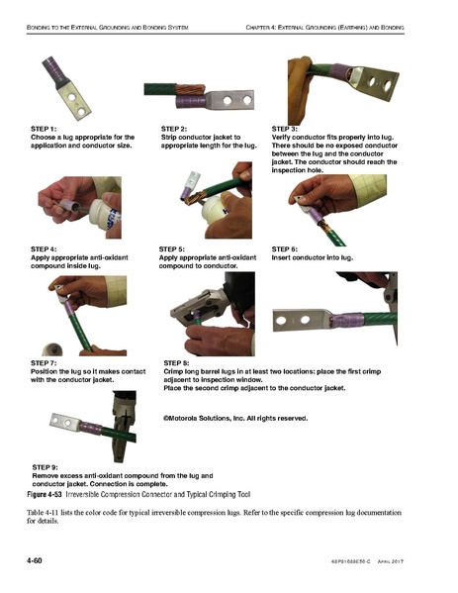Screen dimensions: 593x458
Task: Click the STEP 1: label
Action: (45, 129)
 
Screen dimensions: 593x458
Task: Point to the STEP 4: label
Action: (45, 247)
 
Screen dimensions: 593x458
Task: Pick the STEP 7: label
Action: (45, 363)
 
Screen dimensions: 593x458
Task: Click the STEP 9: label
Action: (46, 465)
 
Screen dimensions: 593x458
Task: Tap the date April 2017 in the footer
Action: (412, 562)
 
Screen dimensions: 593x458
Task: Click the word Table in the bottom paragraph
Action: (39, 512)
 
